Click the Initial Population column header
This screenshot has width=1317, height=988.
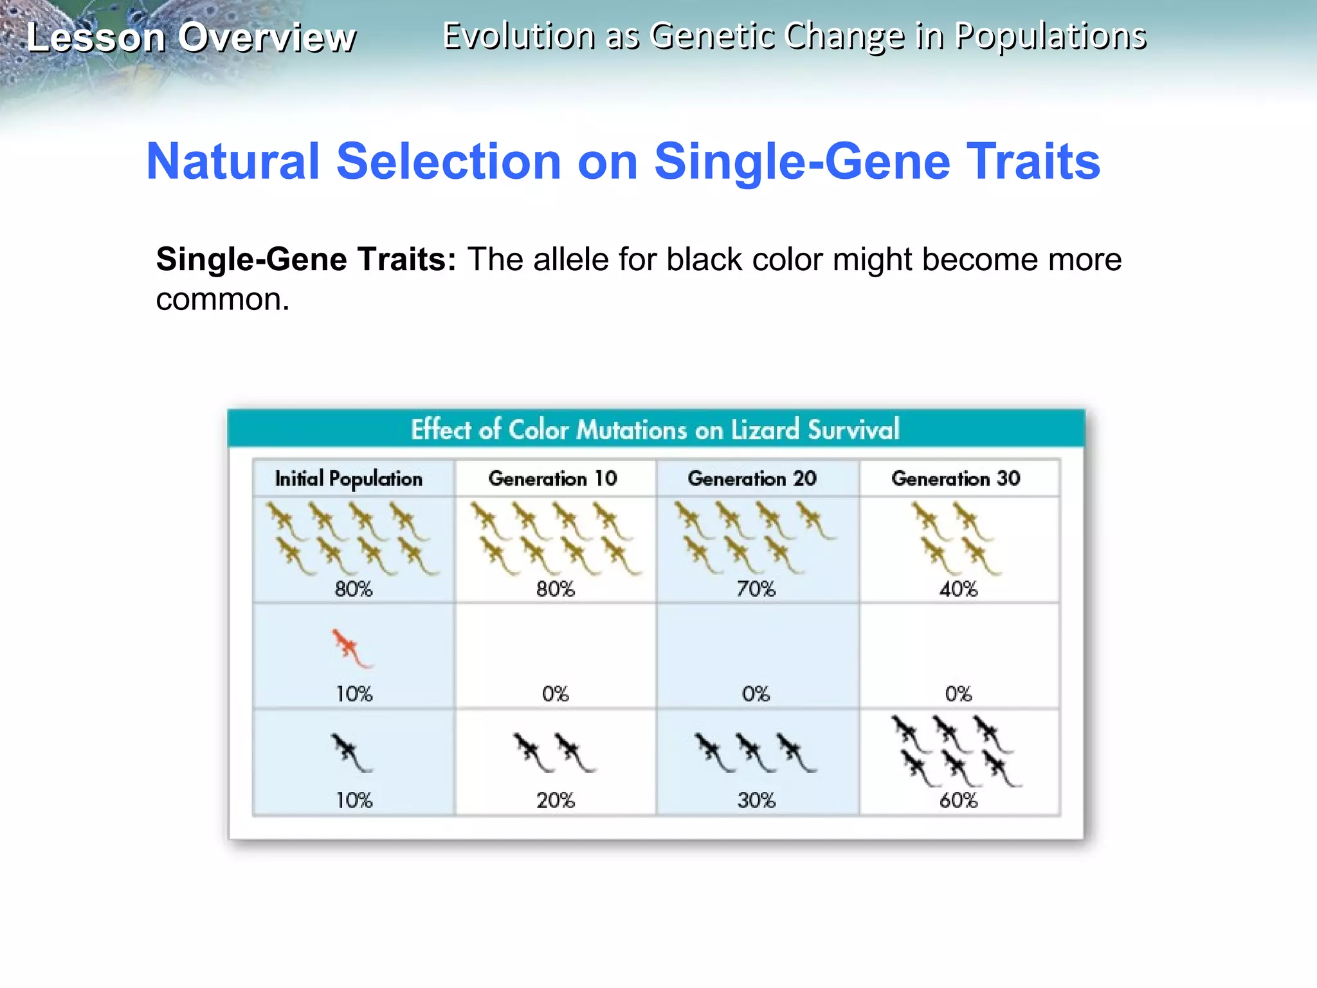pyautogui.click(x=349, y=479)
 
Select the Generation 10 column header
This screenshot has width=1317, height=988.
pyautogui.click(x=552, y=479)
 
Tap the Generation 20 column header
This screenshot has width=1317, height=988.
pyautogui.click(x=752, y=479)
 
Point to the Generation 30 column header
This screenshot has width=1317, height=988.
pyautogui.click(x=956, y=479)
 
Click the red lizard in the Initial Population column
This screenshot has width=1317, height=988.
pyautogui.click(x=351, y=648)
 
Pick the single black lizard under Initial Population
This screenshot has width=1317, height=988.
pyautogui.click(x=351, y=752)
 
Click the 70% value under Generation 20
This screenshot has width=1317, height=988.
pyautogui.click(x=756, y=589)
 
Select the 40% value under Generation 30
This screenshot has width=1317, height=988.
pyautogui.click(x=958, y=589)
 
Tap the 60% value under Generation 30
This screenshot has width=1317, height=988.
pyautogui.click(x=958, y=800)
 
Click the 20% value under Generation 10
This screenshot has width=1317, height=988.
pyautogui.click(x=556, y=800)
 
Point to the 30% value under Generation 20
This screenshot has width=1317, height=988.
pyautogui.click(x=756, y=800)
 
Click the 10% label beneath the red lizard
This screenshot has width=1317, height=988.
pyautogui.click(x=354, y=693)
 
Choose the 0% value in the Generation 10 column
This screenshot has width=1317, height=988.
pyautogui.click(x=555, y=693)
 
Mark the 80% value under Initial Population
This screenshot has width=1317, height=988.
pyautogui.click(x=354, y=589)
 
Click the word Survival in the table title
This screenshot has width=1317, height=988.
pyautogui.click(x=853, y=429)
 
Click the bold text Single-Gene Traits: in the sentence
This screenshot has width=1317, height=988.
pyautogui.click(x=306, y=260)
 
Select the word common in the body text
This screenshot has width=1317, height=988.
pyautogui.click(x=223, y=300)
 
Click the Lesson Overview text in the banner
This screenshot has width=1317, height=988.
pyautogui.click(x=191, y=37)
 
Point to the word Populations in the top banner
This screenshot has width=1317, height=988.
pyautogui.click(x=1050, y=36)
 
